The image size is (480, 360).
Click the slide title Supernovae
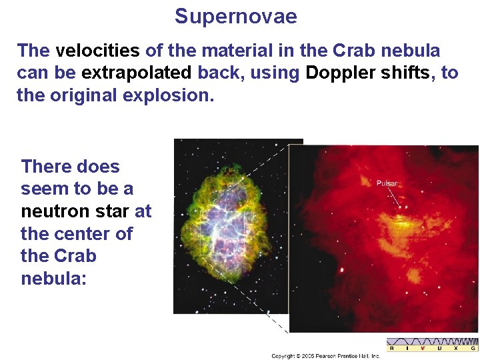click(235, 16)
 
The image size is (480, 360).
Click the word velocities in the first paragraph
click(97, 51)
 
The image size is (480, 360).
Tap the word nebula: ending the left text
click(54, 278)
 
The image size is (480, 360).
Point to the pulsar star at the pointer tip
click(400, 207)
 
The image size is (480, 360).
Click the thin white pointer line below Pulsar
click(394, 196)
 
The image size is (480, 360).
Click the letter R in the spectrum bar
click(391, 348)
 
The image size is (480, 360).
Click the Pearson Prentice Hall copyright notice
click(325, 356)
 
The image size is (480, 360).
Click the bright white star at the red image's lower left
click(342, 270)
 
